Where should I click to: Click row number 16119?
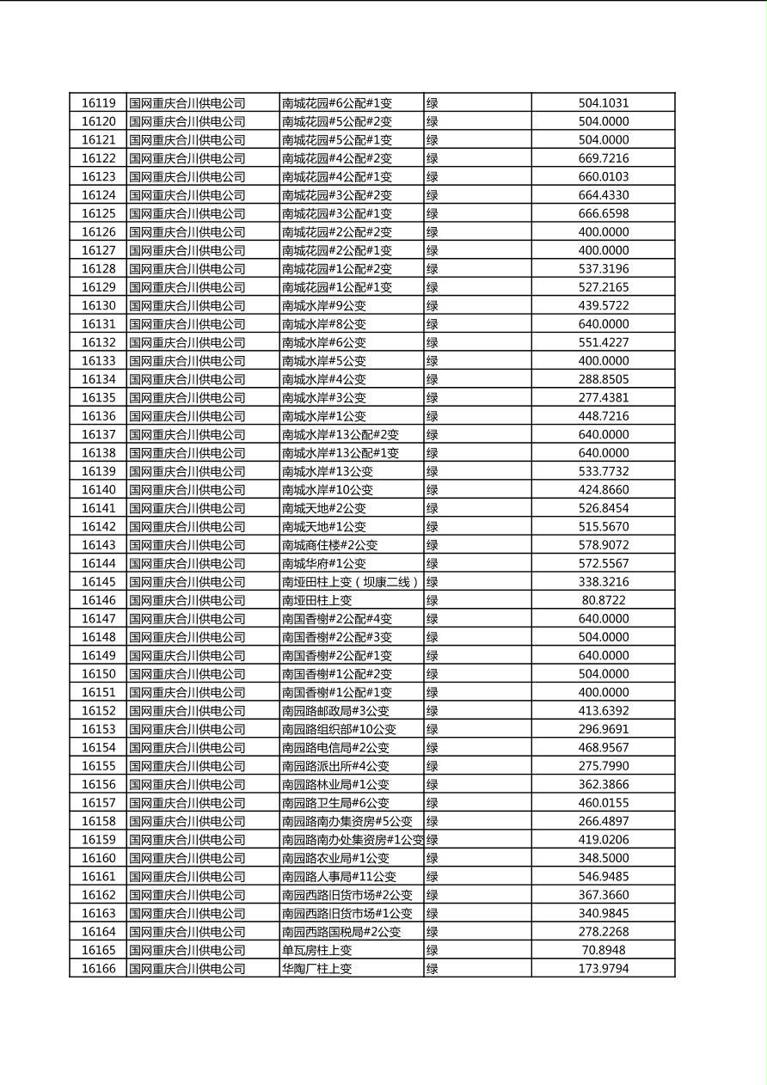tap(98, 103)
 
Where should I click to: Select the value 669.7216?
tap(603, 158)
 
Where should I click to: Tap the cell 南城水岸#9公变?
tap(323, 305)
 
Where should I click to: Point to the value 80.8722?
tap(603, 600)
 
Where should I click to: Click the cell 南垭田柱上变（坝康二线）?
tap(350, 582)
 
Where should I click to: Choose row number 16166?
tap(98, 969)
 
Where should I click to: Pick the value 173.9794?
tap(603, 969)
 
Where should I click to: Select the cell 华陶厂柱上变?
tap(316, 969)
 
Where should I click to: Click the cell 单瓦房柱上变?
tap(316, 950)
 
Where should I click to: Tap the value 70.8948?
tap(603, 950)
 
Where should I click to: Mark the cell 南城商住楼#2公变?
tap(329, 545)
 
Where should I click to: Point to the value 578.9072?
tap(603, 545)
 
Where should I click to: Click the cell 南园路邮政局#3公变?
tap(335, 711)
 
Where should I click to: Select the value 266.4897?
tap(603, 821)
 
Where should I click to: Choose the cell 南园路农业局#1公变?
tap(335, 858)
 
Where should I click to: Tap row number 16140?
tap(98, 490)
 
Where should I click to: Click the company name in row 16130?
tap(187, 305)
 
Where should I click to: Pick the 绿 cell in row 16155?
tap(433, 766)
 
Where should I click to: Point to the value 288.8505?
tap(603, 379)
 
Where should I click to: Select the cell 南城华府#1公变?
tap(323, 563)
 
